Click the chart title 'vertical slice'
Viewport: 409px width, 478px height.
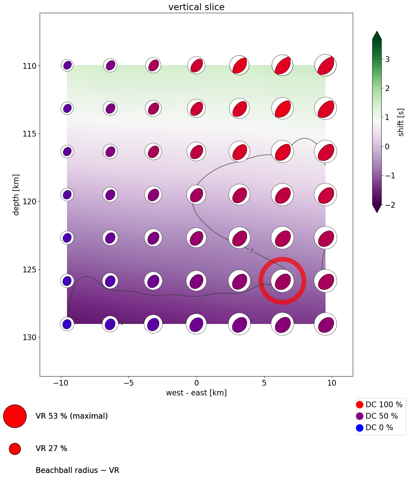coord(196,7)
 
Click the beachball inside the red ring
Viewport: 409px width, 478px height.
coord(282,281)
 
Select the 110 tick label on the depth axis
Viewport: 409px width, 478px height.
coord(29,66)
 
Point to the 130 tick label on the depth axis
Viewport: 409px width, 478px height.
coord(29,337)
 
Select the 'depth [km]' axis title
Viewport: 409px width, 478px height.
coord(16,195)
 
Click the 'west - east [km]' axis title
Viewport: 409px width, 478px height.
coord(196,393)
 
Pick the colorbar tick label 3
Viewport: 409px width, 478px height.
coord(387,59)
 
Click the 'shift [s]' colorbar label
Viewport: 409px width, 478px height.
coord(401,122)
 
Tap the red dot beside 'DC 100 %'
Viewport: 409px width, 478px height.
coord(360,405)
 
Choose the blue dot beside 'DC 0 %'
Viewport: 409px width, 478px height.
coord(360,428)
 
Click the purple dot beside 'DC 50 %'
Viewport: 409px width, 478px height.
coord(360,416)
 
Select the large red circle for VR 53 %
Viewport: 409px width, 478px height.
coord(15,416)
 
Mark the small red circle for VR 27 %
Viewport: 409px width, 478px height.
coord(15,449)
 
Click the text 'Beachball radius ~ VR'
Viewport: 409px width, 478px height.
coord(77,470)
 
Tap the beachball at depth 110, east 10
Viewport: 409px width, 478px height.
coord(326,65)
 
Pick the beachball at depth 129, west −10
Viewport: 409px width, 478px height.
coord(67,324)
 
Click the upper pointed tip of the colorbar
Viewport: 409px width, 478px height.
coord(377,33)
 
